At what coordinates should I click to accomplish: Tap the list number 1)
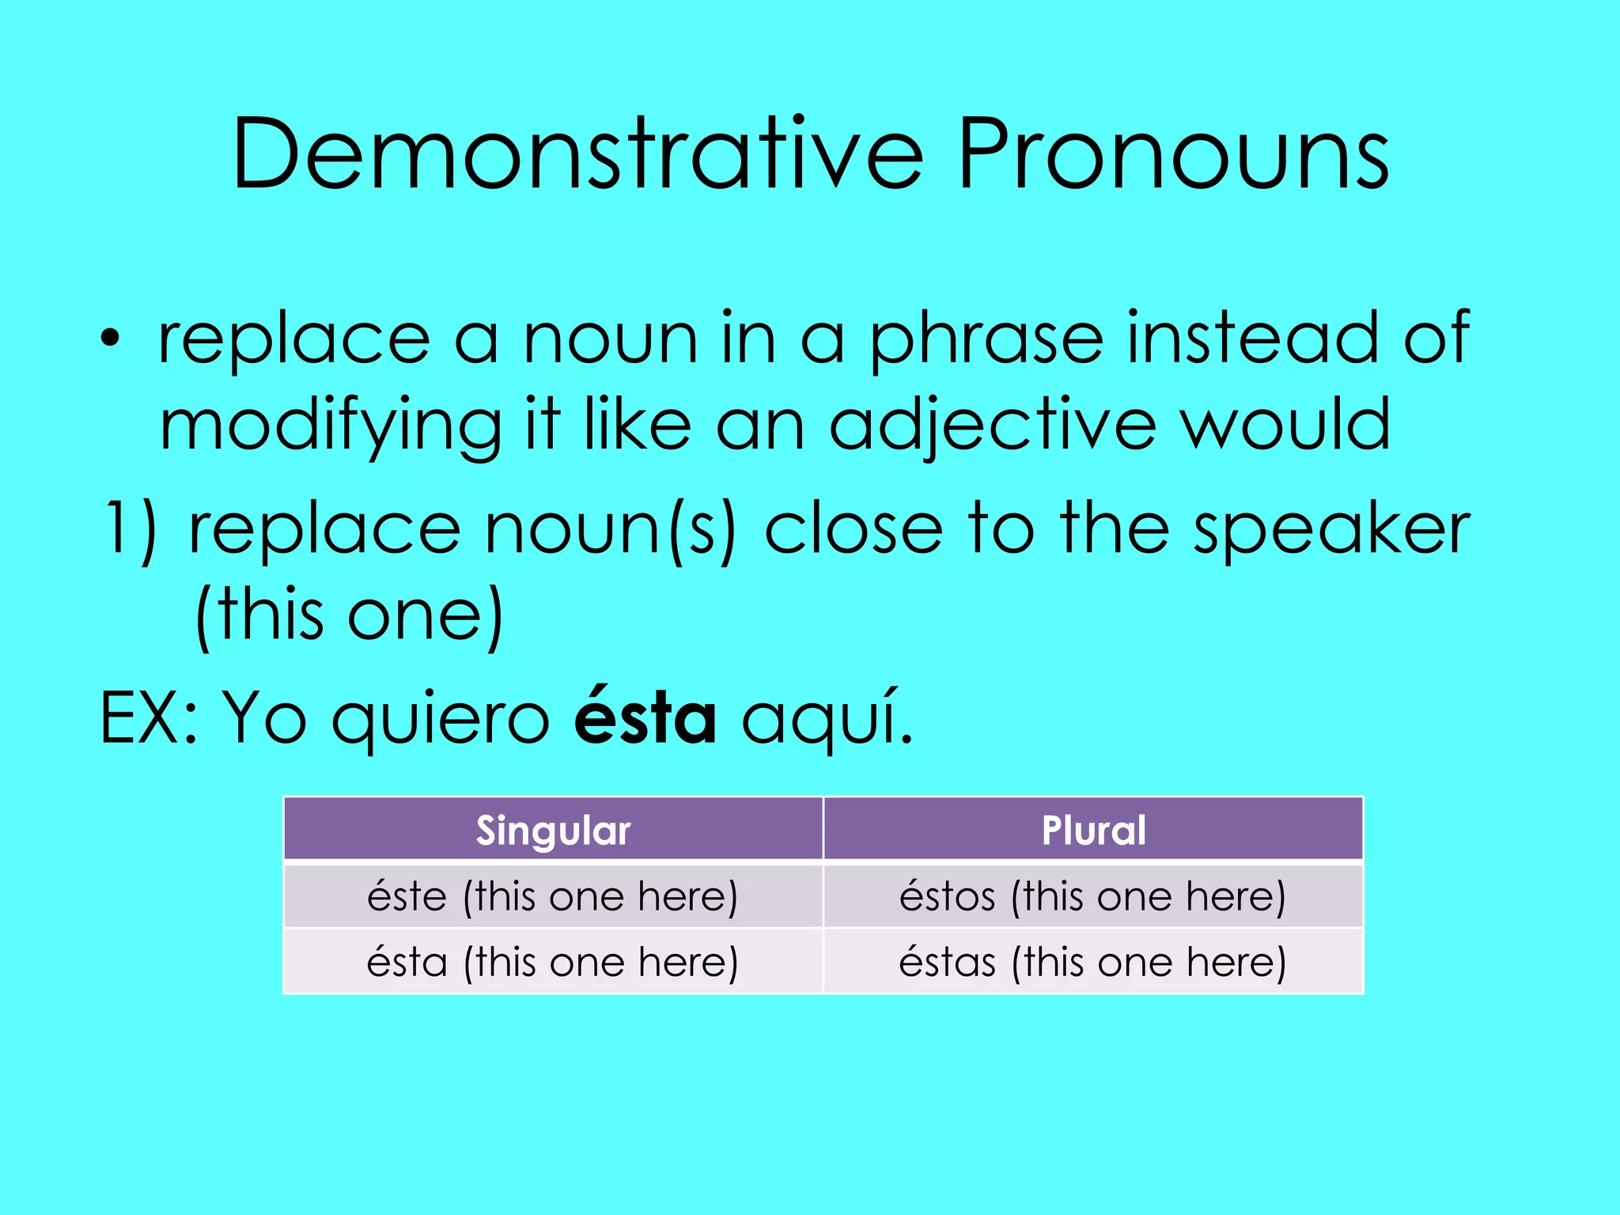pos(131,528)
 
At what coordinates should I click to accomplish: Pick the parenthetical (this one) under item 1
pos(349,615)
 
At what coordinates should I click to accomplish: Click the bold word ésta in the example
pos(645,717)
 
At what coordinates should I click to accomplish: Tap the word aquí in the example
pos(827,717)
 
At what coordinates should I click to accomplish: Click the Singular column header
pos(553,830)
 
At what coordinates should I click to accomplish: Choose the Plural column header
pos(1093,830)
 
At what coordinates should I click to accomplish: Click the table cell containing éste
pos(553,896)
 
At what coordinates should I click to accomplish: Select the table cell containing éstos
pos(1093,896)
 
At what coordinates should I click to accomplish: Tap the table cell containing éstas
pos(1093,962)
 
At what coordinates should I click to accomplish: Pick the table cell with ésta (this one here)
pos(553,962)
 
